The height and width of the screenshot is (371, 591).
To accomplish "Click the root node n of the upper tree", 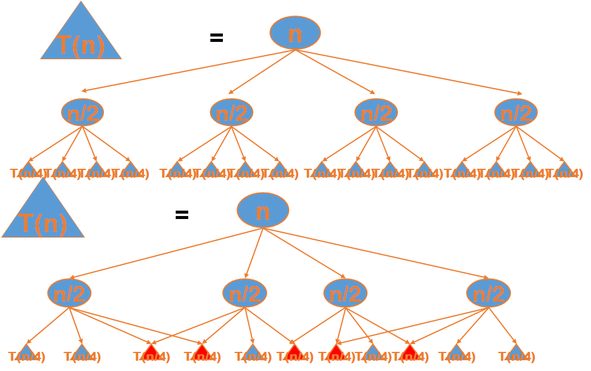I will coord(295,33).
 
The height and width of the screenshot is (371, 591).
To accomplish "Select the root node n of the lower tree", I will coord(263,210).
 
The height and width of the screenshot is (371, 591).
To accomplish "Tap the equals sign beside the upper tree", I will coord(216,38).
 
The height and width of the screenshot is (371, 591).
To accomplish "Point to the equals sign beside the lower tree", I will coord(182,215).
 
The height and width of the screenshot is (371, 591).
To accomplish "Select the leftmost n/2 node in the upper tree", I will coord(82,112).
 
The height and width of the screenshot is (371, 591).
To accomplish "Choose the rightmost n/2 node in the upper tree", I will coord(516,112).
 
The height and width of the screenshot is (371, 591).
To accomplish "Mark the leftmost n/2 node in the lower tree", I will coord(69,293).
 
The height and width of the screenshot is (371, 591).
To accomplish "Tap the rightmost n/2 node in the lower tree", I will coord(488,293).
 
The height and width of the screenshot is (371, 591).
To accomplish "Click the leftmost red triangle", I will coord(151,352).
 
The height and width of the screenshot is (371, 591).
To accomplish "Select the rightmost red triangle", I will coord(410,352).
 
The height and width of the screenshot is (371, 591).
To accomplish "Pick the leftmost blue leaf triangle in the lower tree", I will coord(26,352).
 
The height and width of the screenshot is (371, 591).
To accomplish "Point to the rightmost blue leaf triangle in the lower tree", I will coord(516,352).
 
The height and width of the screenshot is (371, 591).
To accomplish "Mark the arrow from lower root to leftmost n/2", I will coord(167,253).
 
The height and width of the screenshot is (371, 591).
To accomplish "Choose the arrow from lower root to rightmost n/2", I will coord(376,253).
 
